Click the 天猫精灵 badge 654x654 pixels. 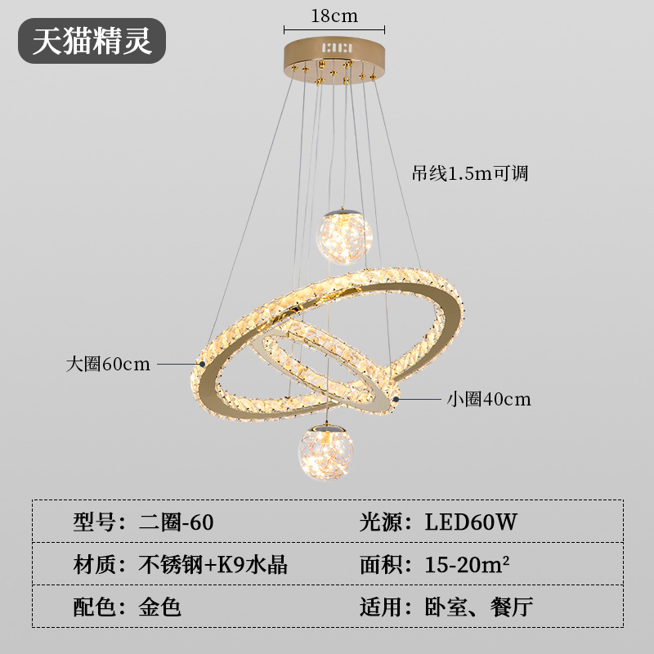point(92,41)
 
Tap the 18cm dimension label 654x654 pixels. point(334,16)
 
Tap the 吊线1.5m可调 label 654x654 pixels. point(470,173)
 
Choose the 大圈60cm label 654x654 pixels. point(108,364)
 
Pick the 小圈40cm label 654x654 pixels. point(488,400)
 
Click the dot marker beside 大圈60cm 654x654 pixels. point(202,363)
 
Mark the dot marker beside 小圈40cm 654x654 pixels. point(396,399)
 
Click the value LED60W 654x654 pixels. point(471,522)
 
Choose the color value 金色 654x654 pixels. point(161,607)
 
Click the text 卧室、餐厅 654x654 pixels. point(478,607)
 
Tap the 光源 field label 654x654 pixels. point(382,522)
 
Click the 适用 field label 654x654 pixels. point(382,607)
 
